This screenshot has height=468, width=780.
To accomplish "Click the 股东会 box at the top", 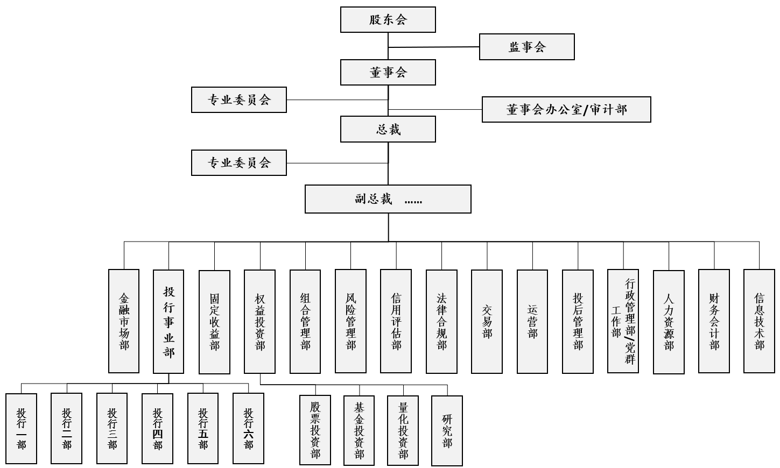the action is (x=388, y=19).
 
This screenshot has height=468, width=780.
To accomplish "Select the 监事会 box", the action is (x=527, y=47).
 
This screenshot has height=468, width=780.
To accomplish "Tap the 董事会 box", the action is (x=388, y=73).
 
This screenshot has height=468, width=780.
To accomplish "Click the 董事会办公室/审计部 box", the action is (x=566, y=109).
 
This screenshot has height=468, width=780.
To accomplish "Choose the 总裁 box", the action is (x=388, y=129).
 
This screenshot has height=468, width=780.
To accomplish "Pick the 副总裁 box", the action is (x=388, y=199).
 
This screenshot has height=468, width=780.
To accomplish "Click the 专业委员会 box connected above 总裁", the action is (x=239, y=100).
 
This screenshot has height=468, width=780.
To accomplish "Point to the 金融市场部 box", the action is (x=124, y=321).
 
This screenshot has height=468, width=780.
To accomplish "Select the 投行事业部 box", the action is (x=168, y=322).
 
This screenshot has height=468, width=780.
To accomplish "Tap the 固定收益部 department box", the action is (x=214, y=322).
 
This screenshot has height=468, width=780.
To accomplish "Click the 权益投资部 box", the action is (x=260, y=322).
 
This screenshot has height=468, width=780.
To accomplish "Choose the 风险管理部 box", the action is (x=350, y=321).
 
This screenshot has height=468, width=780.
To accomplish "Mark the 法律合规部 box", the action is (x=441, y=322).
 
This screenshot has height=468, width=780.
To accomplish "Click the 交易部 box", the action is (x=487, y=322).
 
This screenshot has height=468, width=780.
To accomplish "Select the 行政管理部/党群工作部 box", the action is (x=623, y=321).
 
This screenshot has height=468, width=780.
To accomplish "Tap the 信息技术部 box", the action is (x=759, y=321).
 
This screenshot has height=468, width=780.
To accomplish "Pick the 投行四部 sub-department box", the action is (x=157, y=429).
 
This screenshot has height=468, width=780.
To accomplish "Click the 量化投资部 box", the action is (x=403, y=430).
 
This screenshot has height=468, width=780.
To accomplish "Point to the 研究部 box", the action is (x=447, y=430).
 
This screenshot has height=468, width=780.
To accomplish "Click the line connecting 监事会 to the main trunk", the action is (x=433, y=47).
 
